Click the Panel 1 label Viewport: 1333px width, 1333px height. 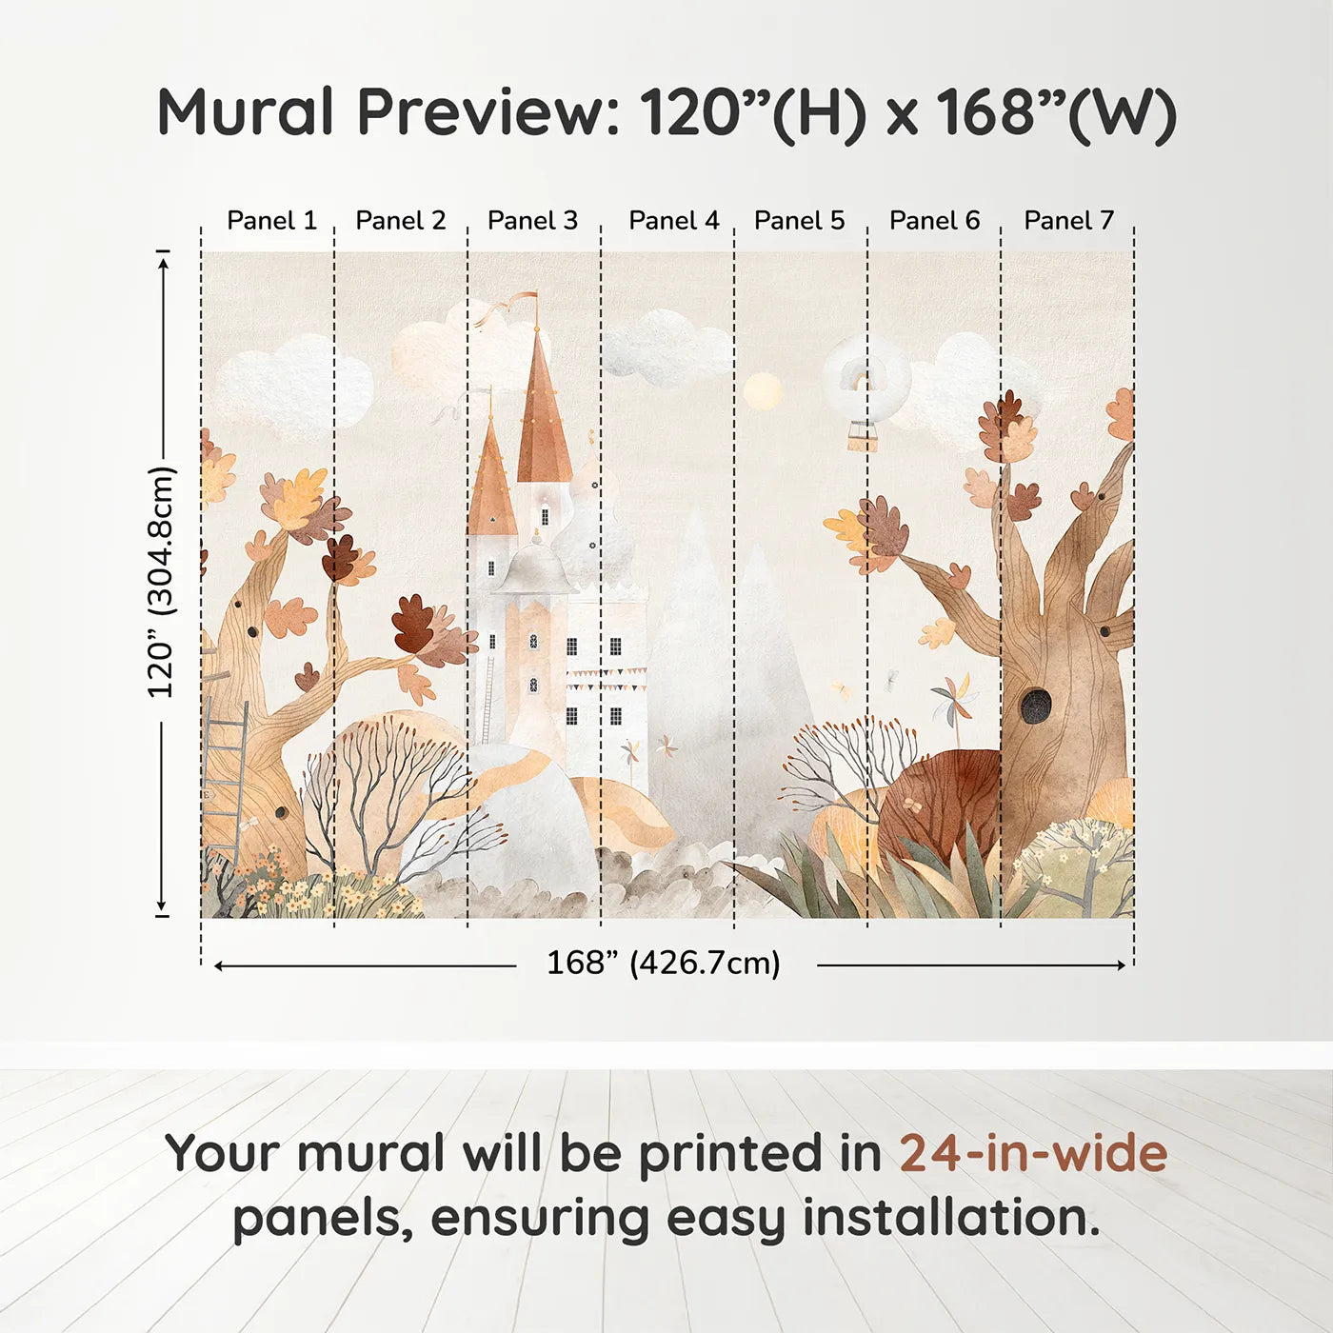coord(271,221)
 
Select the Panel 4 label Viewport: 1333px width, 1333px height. coord(674,221)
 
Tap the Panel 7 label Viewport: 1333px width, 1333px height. coord(1068,221)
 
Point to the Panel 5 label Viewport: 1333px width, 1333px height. coord(799,221)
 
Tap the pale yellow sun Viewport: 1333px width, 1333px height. coord(762,392)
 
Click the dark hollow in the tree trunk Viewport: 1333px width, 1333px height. coord(1035,705)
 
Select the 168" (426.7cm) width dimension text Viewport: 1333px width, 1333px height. coord(664,963)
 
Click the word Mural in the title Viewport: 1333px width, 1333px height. coord(246,112)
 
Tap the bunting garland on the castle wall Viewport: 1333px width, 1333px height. coord(606,678)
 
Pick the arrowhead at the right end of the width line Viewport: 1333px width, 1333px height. coord(1122,965)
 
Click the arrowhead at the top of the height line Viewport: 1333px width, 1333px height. coord(164,263)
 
